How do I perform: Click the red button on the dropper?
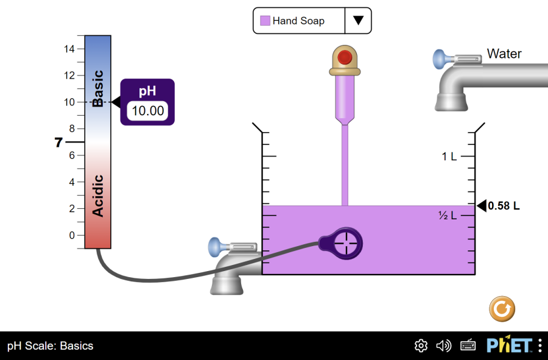(x=345, y=58)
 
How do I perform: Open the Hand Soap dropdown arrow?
(x=358, y=20)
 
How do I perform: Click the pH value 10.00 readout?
(x=148, y=111)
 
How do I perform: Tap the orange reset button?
(x=502, y=309)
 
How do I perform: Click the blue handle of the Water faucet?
(x=440, y=59)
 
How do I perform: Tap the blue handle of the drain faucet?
(x=216, y=247)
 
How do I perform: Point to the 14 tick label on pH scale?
(x=70, y=49)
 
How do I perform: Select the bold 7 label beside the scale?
(x=58, y=143)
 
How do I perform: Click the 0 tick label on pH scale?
(x=72, y=235)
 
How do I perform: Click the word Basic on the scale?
(x=98, y=88)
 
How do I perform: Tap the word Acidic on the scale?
(x=98, y=196)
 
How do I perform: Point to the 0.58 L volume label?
(x=504, y=206)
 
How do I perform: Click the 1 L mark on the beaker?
(x=449, y=157)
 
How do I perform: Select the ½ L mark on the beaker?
(x=448, y=215)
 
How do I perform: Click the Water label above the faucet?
(x=504, y=54)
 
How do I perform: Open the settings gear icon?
(x=421, y=346)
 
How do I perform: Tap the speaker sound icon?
(x=444, y=346)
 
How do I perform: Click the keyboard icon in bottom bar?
(x=468, y=346)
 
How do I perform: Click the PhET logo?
(x=509, y=345)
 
